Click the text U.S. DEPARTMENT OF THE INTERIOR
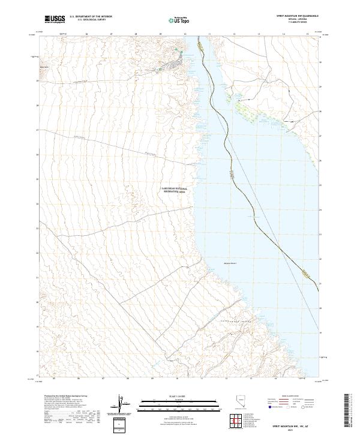coord(91,17)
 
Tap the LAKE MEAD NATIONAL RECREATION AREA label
coord(175,190)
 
